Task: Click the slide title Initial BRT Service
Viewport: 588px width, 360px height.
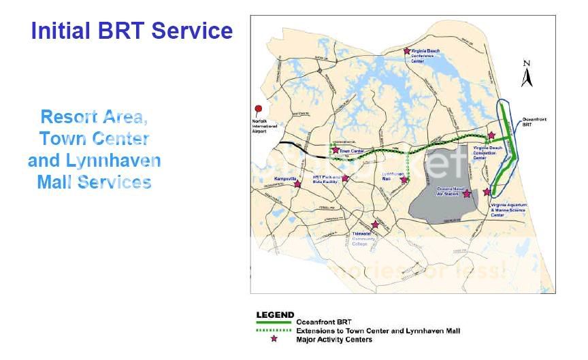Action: [132, 31]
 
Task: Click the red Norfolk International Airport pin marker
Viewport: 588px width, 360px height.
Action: [258, 110]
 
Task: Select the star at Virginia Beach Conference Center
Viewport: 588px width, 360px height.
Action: [407, 50]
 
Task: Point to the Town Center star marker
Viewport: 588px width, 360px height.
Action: [336, 150]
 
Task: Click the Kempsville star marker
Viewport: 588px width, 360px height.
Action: [297, 184]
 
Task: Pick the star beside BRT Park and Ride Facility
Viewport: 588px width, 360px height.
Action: [345, 178]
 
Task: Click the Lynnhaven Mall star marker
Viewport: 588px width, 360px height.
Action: [404, 180]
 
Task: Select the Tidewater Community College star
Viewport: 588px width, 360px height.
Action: [375, 225]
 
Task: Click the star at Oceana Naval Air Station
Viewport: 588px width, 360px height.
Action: [467, 194]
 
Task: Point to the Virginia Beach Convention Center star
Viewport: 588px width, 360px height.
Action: [491, 135]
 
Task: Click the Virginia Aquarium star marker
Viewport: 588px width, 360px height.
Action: [487, 192]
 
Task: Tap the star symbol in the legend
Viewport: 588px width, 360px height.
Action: [274, 339]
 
